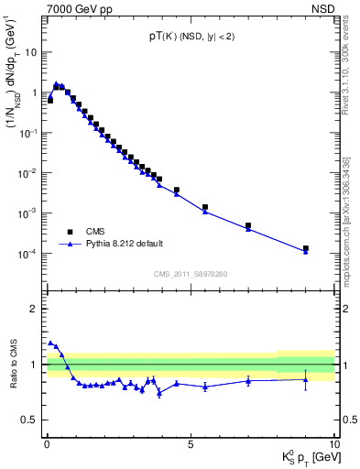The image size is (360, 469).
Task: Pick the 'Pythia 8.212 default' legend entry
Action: click(x=125, y=244)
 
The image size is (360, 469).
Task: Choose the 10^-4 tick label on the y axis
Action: click(x=30, y=254)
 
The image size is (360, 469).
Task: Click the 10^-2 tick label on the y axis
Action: click(x=30, y=173)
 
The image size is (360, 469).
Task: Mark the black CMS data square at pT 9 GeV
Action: click(x=306, y=248)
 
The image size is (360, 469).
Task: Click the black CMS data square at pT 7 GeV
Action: click(x=248, y=225)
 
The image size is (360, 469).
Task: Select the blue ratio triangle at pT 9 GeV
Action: click(x=306, y=379)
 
